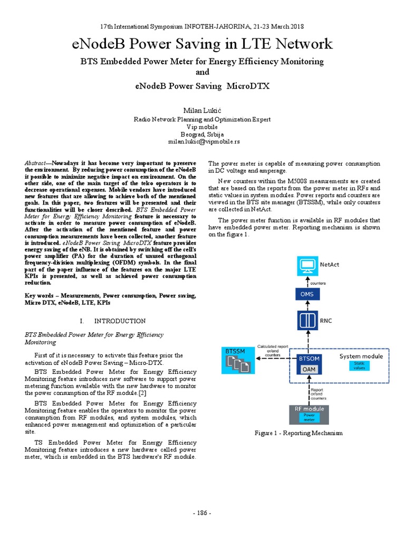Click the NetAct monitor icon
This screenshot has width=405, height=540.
click(306, 263)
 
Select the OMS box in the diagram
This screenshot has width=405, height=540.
click(306, 294)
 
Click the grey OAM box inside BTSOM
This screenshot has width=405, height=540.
click(309, 370)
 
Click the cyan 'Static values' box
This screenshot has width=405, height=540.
click(359, 365)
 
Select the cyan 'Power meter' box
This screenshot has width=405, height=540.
click(309, 417)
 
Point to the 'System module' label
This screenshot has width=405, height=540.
click(361, 356)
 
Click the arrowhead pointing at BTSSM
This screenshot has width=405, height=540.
click(257, 358)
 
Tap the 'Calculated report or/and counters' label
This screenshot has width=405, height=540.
click(273, 351)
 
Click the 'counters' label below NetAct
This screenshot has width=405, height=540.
click(318, 283)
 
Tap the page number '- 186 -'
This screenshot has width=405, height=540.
click(202, 513)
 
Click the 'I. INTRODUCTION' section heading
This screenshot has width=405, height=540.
click(112, 321)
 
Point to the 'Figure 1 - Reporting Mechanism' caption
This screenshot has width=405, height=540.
click(298, 433)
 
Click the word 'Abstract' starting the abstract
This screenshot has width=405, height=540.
click(36, 163)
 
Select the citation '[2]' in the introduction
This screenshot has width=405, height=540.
click(142, 393)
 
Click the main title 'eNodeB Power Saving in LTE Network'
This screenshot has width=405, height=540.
click(202, 44)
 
